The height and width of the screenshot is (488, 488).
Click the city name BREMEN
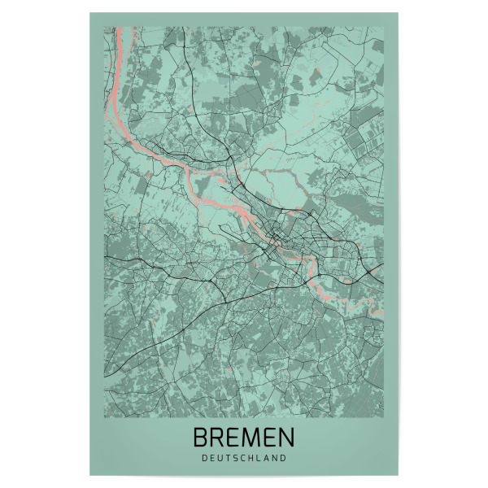(244, 438)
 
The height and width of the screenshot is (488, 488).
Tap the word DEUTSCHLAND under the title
(244, 458)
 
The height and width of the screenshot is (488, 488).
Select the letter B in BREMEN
(201, 438)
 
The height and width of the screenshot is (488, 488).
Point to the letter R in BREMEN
(218, 438)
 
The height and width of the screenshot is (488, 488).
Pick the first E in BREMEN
(234, 438)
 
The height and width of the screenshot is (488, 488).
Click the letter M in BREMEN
(252, 438)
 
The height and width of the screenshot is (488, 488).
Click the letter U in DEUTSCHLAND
(218, 458)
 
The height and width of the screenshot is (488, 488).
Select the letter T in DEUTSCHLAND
(227, 458)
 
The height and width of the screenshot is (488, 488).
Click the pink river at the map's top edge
(119, 33)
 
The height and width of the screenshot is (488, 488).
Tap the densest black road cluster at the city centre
(281, 239)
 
